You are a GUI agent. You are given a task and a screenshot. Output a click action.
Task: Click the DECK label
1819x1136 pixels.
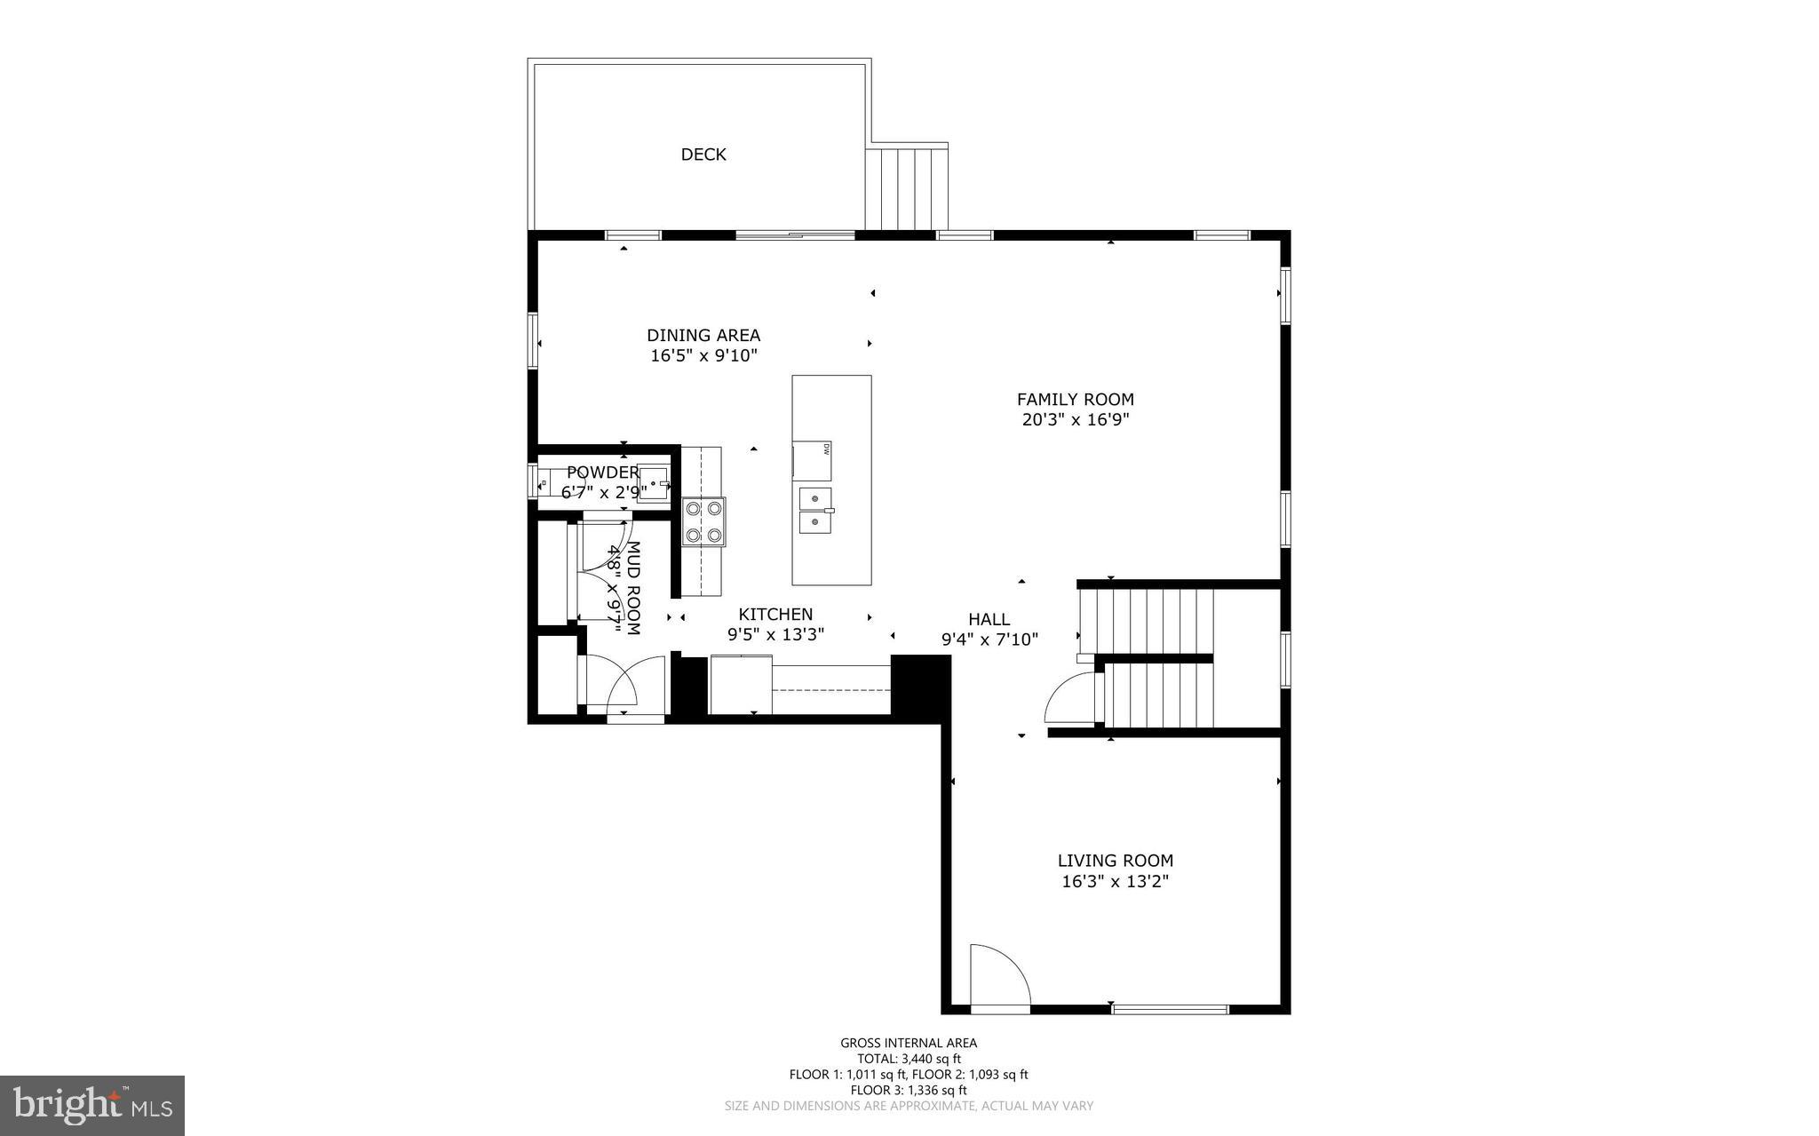click(x=703, y=155)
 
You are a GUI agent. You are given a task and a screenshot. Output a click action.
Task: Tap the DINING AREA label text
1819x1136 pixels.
click(x=703, y=336)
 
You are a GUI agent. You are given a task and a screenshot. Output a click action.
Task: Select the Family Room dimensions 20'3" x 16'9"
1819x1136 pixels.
click(x=1076, y=420)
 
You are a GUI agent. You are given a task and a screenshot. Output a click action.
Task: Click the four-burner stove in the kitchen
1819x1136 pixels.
click(x=703, y=521)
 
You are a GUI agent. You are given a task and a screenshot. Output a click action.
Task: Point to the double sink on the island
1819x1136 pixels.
click(x=815, y=511)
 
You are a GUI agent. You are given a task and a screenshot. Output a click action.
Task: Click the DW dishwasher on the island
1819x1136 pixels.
click(x=813, y=460)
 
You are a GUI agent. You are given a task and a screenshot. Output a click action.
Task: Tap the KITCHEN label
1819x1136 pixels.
click(x=775, y=615)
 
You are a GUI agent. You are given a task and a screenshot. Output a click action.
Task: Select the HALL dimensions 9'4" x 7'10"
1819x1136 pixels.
click(x=989, y=639)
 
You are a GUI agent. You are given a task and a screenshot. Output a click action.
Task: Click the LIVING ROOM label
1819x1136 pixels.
click(x=1115, y=861)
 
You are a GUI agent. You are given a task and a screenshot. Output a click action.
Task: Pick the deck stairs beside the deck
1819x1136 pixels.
click(x=908, y=188)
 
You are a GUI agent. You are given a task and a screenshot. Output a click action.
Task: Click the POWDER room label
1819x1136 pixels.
click(x=602, y=473)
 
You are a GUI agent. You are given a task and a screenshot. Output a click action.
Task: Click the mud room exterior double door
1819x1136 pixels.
click(x=622, y=684)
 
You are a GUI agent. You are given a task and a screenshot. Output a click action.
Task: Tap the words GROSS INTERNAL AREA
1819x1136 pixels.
click(x=909, y=1044)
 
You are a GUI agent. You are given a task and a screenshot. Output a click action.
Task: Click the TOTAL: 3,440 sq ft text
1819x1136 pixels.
click(x=909, y=1059)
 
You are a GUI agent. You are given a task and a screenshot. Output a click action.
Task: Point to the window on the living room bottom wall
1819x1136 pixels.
click(x=1170, y=1009)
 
